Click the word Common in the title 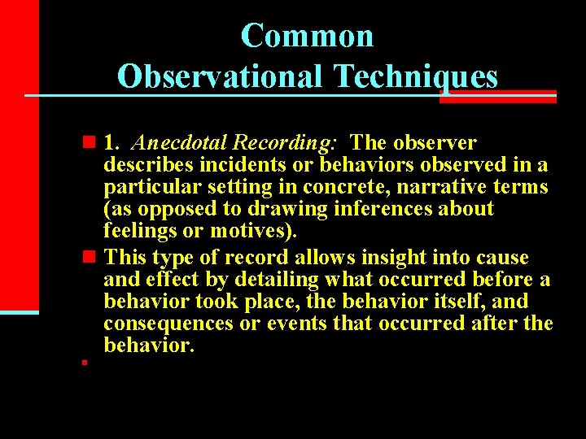pyautogui.click(x=307, y=36)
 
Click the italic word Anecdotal pyautogui.click(x=172, y=144)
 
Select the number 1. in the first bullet pyautogui.click(x=112, y=144)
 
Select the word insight pyautogui.click(x=398, y=259)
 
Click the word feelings pyautogui.click(x=139, y=231)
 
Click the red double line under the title pyautogui.click(x=498, y=98)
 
